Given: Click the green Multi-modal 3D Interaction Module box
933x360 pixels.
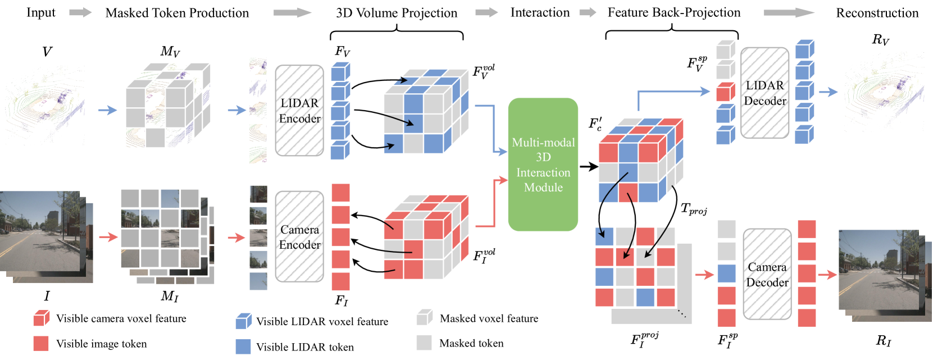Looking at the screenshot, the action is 543,164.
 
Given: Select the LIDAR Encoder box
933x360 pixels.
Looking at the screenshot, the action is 299,111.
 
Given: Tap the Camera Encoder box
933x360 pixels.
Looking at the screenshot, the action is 299,236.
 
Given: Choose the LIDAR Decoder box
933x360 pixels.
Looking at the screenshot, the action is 765,93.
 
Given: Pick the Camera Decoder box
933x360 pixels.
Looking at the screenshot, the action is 767,274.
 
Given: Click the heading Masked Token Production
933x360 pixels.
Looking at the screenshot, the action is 177,13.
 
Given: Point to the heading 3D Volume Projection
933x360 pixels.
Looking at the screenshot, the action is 397,13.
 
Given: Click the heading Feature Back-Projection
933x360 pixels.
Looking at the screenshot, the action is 674,12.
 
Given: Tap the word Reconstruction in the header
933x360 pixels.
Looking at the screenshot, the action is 877,13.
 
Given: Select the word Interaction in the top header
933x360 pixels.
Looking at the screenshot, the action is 540,12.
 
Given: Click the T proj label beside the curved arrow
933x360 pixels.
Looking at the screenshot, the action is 694,209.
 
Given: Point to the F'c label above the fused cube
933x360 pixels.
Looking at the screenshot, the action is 595,124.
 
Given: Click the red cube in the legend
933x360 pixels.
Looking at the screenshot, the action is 41,318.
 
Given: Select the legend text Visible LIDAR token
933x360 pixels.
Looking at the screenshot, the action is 305,347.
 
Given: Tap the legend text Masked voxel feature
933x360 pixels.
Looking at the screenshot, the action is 489,318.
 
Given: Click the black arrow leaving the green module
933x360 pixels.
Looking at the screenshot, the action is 589,167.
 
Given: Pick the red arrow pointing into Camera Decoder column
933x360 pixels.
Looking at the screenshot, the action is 704,274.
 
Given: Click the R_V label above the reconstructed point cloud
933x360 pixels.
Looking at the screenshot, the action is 881,40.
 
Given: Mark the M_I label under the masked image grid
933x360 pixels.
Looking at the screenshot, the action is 170,296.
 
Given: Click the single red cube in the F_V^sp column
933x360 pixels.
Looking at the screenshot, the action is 726,92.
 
